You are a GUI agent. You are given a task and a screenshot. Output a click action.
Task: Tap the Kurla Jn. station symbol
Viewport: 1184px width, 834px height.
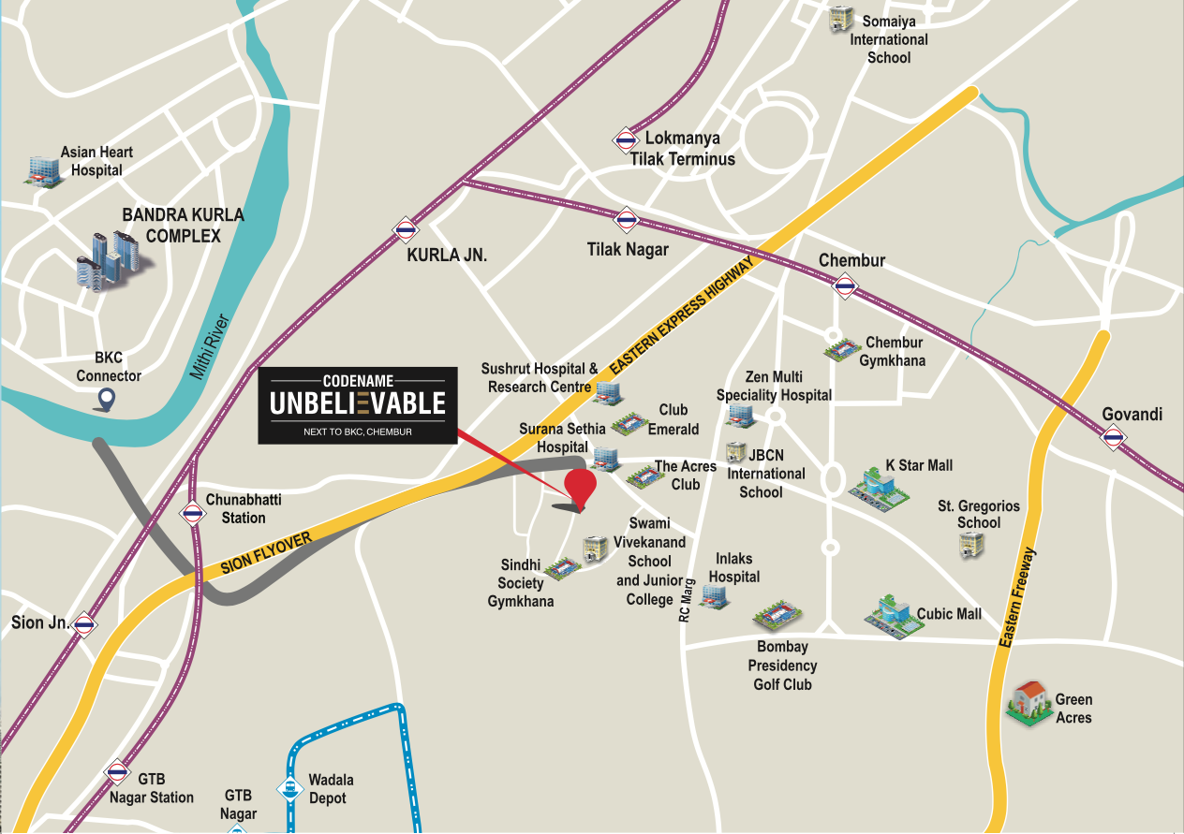406,228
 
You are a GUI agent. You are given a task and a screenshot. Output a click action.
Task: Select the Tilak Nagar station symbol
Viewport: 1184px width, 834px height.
626,221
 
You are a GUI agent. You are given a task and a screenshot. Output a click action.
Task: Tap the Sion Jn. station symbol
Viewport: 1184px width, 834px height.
85,624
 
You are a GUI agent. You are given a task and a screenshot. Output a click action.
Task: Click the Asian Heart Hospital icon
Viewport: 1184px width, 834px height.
42,168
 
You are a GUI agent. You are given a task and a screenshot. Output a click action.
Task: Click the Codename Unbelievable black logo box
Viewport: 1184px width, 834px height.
358,405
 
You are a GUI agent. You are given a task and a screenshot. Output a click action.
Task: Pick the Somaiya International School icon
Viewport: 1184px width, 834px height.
841,20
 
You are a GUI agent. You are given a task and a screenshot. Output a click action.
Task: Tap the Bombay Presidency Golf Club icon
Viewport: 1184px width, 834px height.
778,615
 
